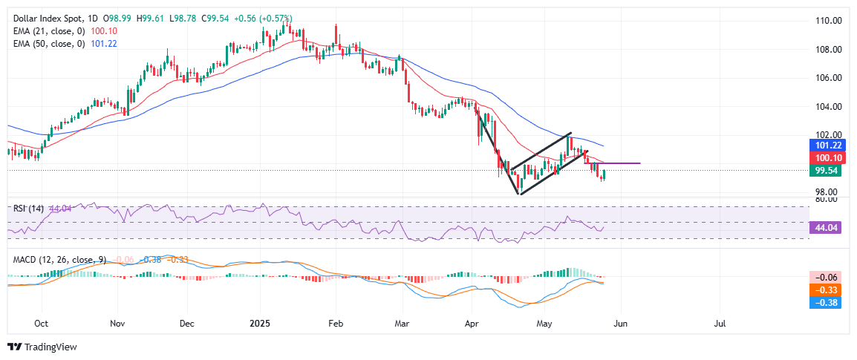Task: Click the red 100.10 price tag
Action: (x=826, y=158)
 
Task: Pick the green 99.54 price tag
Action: (x=826, y=171)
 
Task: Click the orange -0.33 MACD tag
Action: (x=826, y=289)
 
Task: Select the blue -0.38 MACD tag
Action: (x=826, y=302)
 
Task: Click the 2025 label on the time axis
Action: (x=261, y=324)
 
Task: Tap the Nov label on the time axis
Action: (x=117, y=324)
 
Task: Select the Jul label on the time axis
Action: (x=720, y=324)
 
